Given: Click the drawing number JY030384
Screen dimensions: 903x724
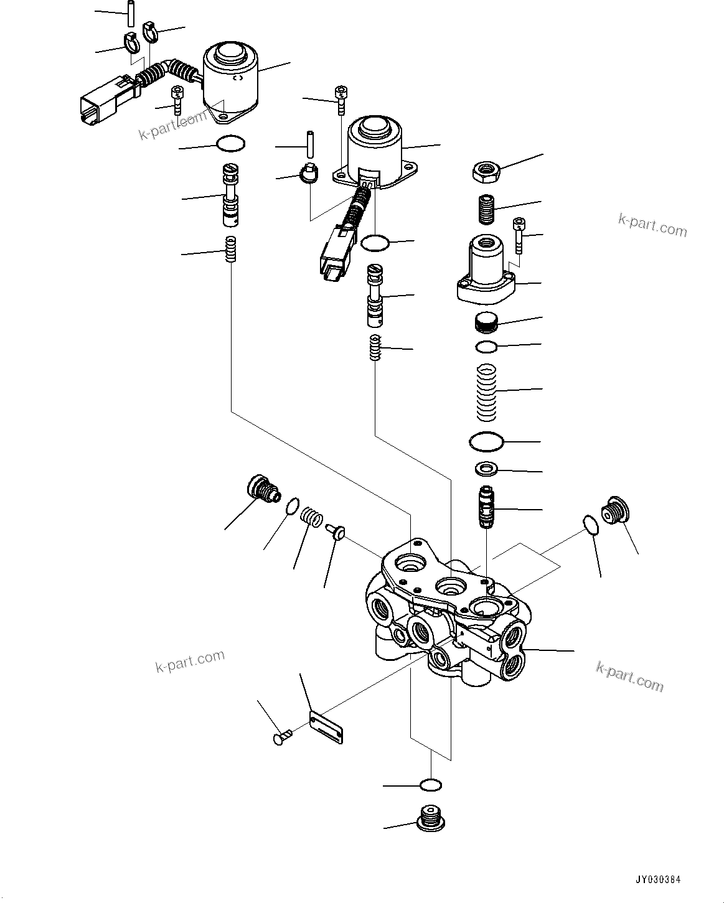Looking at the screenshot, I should (x=658, y=880).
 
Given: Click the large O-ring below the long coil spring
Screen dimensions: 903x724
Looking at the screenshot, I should (x=486, y=442).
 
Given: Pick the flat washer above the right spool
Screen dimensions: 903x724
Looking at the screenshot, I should (x=486, y=468).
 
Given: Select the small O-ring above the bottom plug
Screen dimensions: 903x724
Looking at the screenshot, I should (x=431, y=785).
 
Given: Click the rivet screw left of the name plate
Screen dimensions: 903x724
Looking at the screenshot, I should (x=281, y=738).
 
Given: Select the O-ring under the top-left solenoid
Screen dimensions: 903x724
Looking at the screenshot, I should (x=230, y=144).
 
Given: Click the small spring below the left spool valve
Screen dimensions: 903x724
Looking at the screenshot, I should (x=231, y=250).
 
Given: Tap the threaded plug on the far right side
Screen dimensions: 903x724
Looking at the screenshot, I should (x=615, y=512).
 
